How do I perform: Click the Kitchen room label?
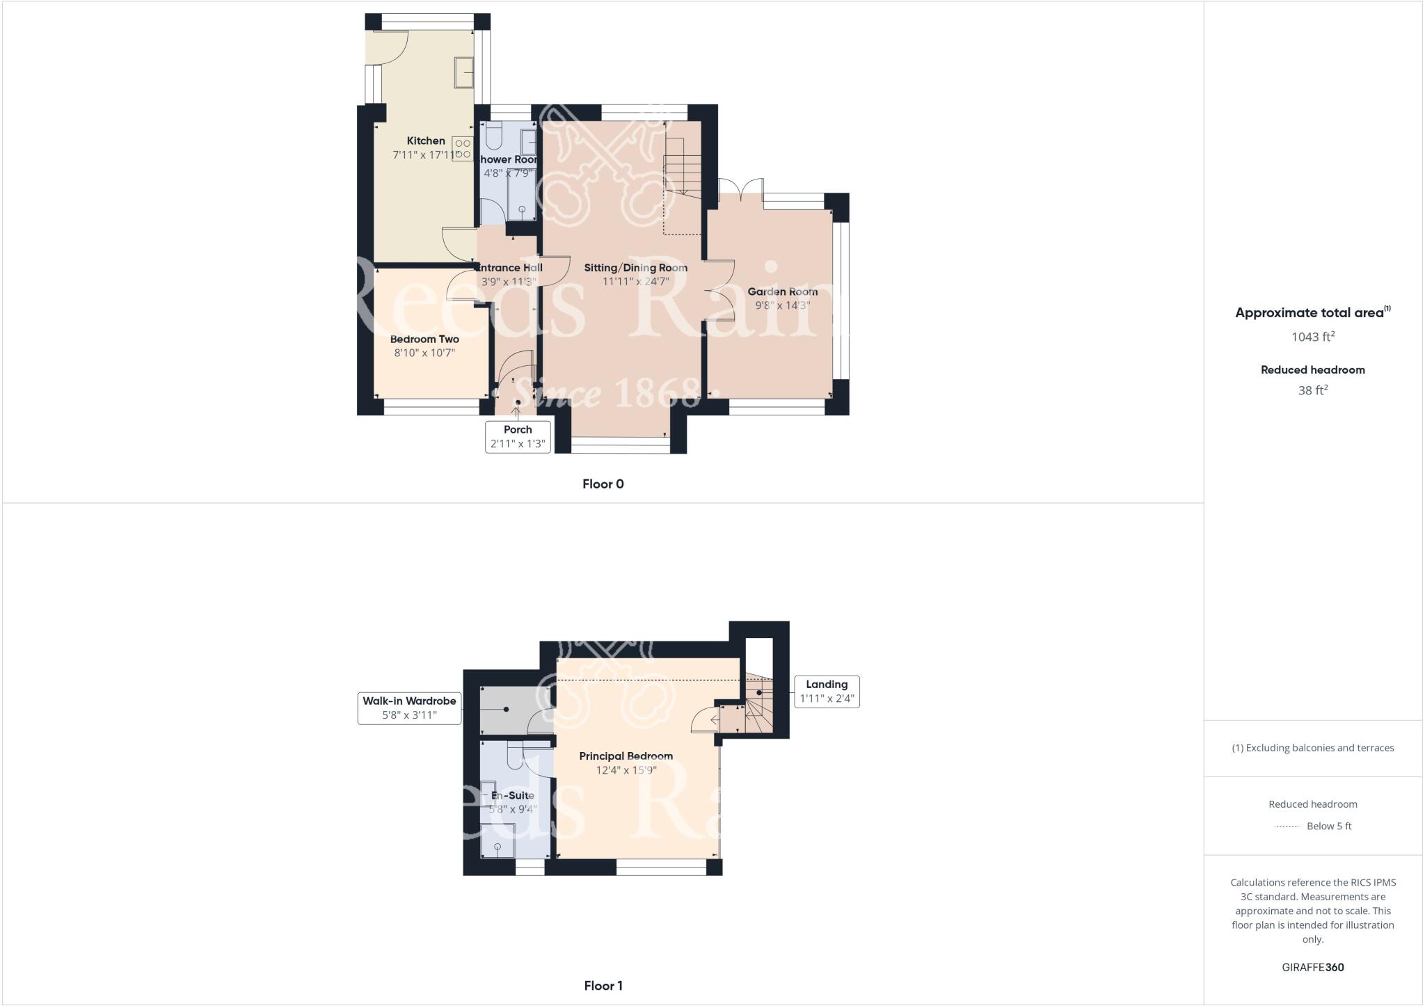426,141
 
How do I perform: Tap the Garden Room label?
782,292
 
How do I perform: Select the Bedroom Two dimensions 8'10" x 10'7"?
424,353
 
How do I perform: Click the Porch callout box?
518,437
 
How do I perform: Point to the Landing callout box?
827,692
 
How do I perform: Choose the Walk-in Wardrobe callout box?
409,708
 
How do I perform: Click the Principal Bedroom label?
626,756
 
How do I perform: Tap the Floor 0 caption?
603,484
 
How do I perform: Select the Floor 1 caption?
603,986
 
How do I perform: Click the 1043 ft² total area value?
1313,337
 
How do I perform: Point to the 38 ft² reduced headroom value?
1313,390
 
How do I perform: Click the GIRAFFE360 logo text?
1313,967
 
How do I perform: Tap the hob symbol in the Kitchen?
463,149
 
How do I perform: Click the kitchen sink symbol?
465,72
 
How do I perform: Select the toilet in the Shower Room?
494,136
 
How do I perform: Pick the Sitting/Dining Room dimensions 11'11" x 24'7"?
635,282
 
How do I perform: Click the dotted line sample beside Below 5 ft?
1287,827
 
